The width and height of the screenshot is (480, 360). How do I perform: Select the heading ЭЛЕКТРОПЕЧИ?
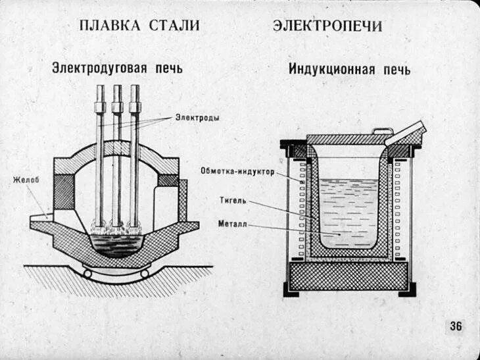pos(327,26)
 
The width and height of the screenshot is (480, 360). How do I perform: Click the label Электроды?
pos(197,118)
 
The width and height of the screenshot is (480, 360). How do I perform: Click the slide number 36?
pos(456,326)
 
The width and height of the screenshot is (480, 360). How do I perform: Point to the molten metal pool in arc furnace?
pos(118,244)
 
